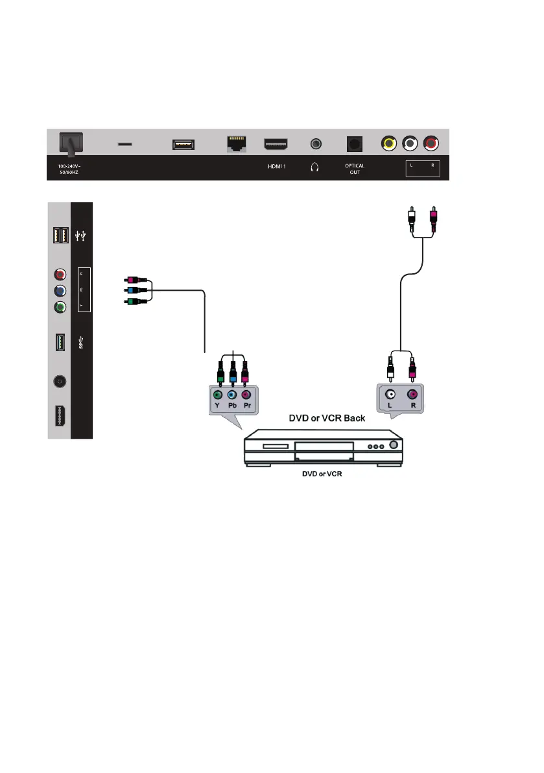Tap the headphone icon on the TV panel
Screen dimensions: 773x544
pyautogui.click(x=314, y=167)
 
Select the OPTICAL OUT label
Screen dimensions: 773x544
pyautogui.click(x=355, y=169)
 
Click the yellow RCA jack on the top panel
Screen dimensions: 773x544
pyautogui.click(x=388, y=143)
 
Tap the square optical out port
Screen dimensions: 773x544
pyautogui.click(x=354, y=144)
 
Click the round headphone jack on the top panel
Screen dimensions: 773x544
pyautogui.click(x=316, y=143)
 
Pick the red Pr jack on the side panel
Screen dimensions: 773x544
pyautogui.click(x=59, y=275)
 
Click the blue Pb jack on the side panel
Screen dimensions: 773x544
pyautogui.click(x=59, y=291)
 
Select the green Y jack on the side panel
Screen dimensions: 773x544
pyautogui.click(x=59, y=308)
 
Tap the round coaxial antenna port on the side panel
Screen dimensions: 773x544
pyautogui.click(x=59, y=382)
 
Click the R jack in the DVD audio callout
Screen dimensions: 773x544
pyautogui.click(x=412, y=394)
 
